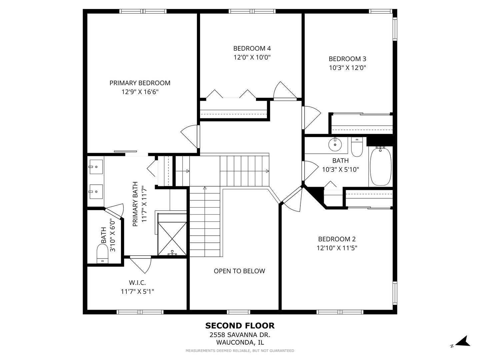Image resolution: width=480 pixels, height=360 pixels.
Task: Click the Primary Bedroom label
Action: pos(140,83)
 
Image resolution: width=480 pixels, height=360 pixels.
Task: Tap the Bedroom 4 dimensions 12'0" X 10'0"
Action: pos(252,57)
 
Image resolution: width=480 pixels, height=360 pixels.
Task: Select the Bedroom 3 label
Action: pos(347,59)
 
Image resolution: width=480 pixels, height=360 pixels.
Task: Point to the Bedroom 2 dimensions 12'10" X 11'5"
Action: pos(337,248)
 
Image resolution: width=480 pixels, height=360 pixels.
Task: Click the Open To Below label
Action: pos(239,271)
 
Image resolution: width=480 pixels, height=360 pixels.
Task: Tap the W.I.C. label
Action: pos(137,283)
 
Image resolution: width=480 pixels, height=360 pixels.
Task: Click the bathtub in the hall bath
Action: pos(381,167)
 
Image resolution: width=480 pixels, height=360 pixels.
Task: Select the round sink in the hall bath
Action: pos(335,144)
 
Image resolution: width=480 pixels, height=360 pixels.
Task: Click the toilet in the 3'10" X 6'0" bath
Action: pos(102,254)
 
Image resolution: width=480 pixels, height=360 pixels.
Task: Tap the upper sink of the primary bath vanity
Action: pos(96,167)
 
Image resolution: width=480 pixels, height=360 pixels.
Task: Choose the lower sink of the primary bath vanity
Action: pos(96,192)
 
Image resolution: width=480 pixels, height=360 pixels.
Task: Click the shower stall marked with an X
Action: pos(172,239)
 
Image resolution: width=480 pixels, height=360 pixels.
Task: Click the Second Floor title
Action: pos(240,326)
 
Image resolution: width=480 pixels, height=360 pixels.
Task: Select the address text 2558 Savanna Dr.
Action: pos(240,335)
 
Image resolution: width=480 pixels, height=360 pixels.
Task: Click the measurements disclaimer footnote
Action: pos(240,351)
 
